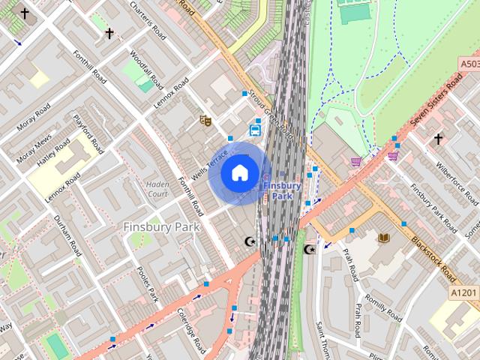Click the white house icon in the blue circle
[x=239, y=172]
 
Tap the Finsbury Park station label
[x=281, y=190]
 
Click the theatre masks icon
[x=204, y=119]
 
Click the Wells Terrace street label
[x=209, y=163]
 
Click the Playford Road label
[x=87, y=133]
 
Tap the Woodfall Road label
[x=142, y=68]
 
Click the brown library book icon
[x=384, y=238]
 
